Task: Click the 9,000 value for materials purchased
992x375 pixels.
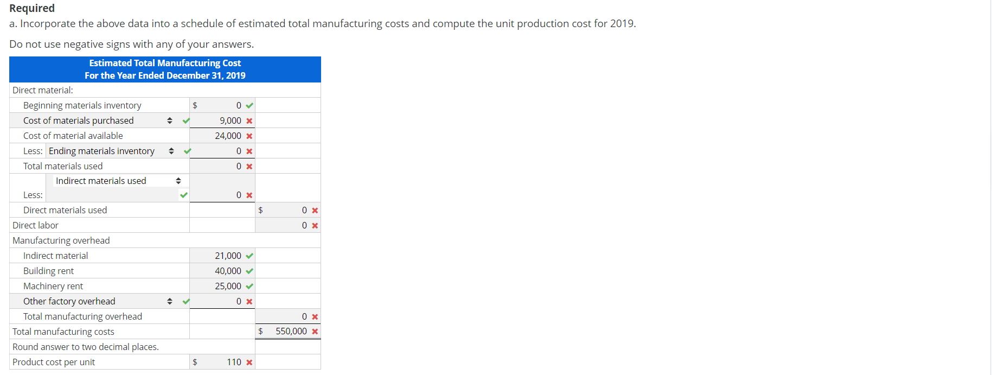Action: (230, 120)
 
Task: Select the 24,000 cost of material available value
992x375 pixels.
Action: (228, 136)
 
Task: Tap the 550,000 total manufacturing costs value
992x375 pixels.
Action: (291, 331)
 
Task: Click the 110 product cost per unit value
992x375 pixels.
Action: (234, 362)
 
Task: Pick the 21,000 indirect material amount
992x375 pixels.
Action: (228, 256)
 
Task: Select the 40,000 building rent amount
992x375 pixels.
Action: (228, 271)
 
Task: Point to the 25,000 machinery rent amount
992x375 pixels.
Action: (228, 286)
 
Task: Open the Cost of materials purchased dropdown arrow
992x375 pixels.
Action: (170, 120)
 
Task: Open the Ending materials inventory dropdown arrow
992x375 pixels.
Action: (171, 151)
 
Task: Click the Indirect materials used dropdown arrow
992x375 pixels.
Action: (178, 181)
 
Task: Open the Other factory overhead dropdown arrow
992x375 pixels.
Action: (170, 301)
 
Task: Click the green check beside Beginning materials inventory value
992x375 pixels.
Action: (249, 105)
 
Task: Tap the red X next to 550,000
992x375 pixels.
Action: (315, 331)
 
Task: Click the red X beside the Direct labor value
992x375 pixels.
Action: (315, 225)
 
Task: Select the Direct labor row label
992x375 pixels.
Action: (35, 225)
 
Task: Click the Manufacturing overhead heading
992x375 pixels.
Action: (61, 240)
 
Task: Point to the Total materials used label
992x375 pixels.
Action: (63, 166)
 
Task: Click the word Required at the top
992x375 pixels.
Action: (32, 8)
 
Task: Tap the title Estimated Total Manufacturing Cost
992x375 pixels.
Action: (165, 63)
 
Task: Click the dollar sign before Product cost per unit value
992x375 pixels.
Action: (195, 362)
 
